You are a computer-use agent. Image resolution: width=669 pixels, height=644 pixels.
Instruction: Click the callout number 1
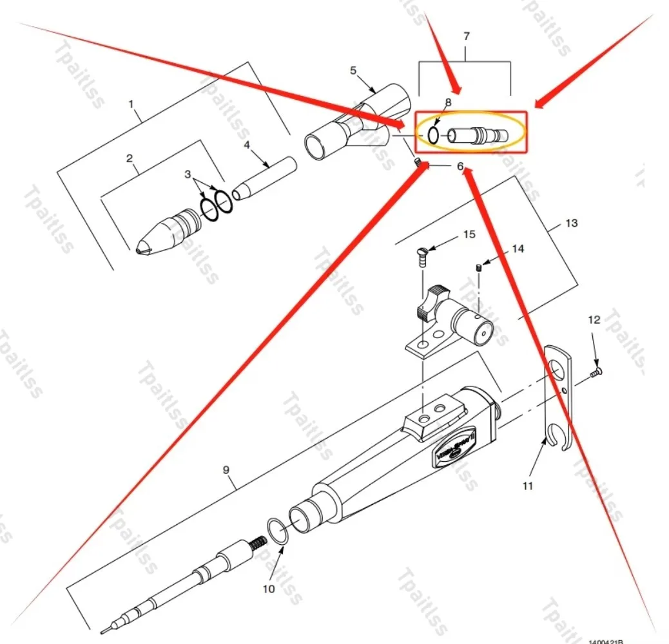coord(131,103)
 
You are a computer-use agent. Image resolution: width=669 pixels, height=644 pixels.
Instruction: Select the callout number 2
coord(130,158)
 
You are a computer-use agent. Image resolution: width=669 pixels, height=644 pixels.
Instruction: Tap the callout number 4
coord(246,146)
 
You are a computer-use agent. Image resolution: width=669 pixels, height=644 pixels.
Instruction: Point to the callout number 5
coord(353,70)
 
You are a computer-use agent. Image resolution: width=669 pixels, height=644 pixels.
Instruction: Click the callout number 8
coord(448,102)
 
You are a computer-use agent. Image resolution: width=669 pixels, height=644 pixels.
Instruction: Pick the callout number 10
coord(269,588)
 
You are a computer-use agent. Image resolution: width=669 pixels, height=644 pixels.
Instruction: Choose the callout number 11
coord(528,486)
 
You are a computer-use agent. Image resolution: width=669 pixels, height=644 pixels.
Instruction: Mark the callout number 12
coord(594,319)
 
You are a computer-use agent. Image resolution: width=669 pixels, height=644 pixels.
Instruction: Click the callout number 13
coord(571,223)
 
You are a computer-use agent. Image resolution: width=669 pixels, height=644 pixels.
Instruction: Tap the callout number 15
coord(469,234)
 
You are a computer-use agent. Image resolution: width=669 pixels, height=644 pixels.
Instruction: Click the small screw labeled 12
coord(596,372)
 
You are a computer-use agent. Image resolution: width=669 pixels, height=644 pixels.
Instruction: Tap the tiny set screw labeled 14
coord(480,267)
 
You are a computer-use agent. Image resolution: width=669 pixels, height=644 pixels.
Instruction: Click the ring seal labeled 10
coord(276,531)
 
